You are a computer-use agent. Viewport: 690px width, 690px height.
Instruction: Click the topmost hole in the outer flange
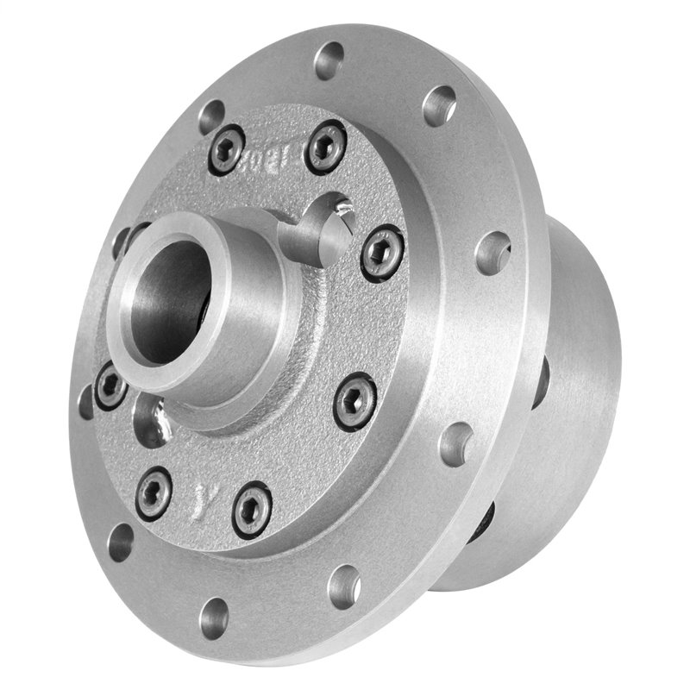329,60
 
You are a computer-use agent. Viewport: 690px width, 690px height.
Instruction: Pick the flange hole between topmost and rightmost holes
439,105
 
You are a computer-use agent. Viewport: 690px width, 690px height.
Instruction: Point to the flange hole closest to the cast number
211,116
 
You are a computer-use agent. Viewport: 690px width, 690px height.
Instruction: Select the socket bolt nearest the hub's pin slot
381,252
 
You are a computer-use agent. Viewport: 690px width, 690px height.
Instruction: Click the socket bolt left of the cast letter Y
154,492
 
